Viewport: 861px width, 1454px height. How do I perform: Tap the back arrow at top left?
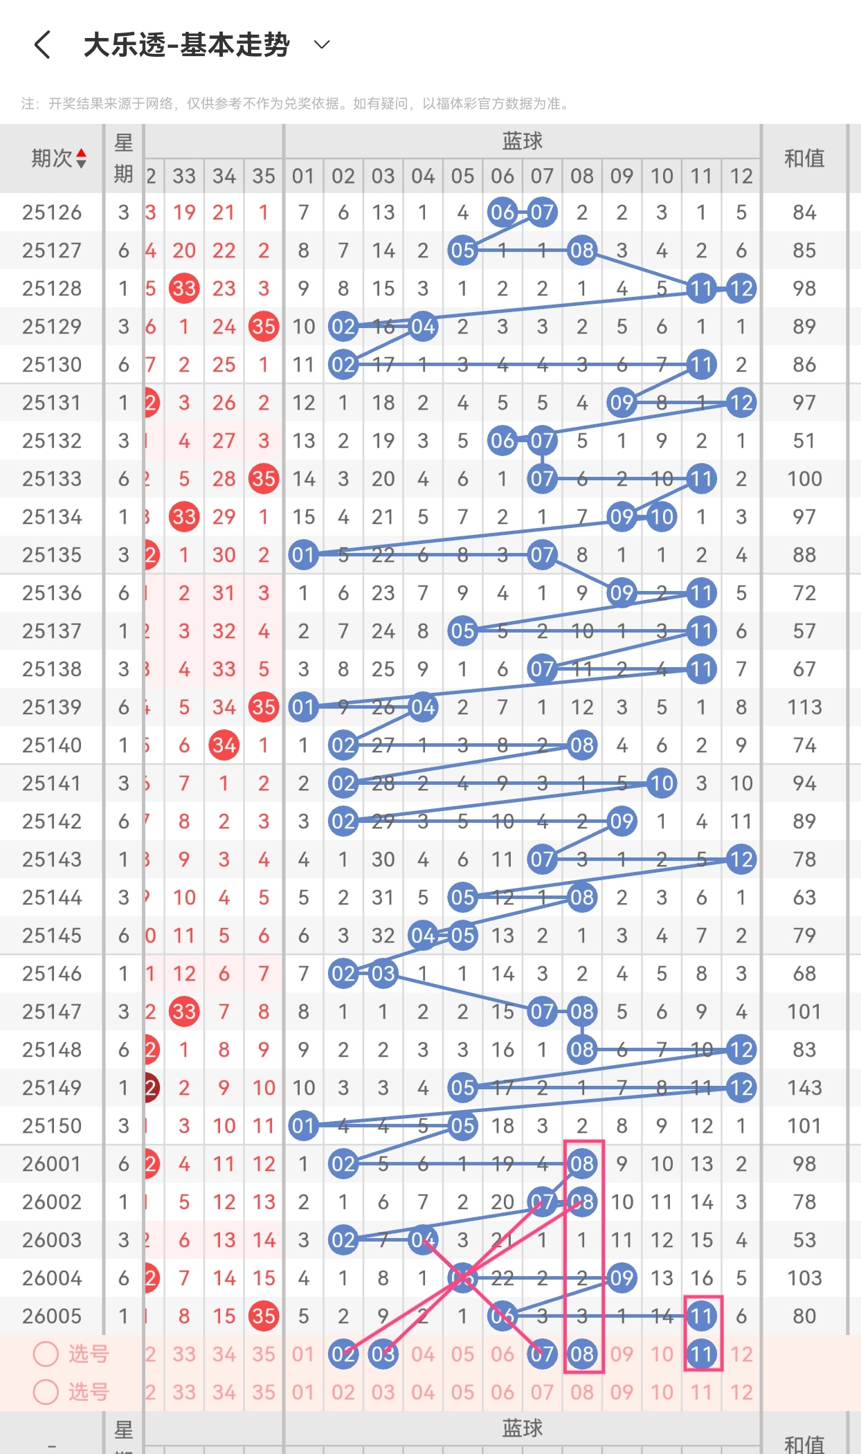(x=43, y=45)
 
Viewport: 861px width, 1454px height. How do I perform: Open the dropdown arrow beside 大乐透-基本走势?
(x=322, y=45)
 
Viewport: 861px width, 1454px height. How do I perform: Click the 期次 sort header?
(x=59, y=158)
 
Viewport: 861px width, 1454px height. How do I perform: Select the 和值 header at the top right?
(x=804, y=158)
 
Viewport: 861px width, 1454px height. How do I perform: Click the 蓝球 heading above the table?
(x=522, y=141)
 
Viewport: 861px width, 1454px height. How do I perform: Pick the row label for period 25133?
(x=52, y=479)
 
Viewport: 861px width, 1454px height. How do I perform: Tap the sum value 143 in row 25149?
(x=804, y=1088)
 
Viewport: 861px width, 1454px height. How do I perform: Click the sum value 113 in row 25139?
(x=804, y=707)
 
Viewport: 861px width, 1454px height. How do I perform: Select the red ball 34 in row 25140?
(x=224, y=745)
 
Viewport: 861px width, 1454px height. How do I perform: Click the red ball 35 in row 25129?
(x=264, y=327)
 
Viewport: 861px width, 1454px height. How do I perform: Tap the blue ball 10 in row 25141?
(x=662, y=783)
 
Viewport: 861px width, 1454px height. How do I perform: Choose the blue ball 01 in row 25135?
(x=303, y=555)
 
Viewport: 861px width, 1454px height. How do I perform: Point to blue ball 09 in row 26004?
(x=622, y=1278)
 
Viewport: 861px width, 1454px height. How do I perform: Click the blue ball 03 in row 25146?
(x=383, y=974)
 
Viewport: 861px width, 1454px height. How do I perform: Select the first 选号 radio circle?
(x=46, y=1354)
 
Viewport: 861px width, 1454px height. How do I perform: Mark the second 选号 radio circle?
(x=46, y=1392)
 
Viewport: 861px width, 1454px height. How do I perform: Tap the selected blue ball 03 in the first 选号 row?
(x=383, y=1354)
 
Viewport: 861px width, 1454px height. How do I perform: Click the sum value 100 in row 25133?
(x=804, y=479)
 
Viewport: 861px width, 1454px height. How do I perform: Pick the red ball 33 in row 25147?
(x=184, y=1012)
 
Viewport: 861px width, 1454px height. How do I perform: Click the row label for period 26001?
(x=52, y=1164)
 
